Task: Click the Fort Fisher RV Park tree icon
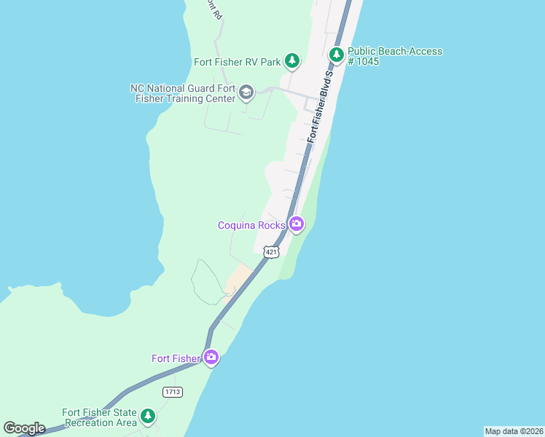[292, 60]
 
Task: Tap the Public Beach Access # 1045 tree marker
[336, 54]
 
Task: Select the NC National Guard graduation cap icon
[246, 92]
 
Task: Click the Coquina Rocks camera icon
[296, 224]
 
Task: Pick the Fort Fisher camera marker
[211, 357]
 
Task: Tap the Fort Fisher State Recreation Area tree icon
[148, 416]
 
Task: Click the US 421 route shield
[271, 252]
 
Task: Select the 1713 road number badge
[173, 392]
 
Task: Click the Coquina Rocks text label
[251, 225]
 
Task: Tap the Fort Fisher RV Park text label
[237, 62]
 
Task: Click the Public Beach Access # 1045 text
[394, 56]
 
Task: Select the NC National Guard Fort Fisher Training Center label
[183, 93]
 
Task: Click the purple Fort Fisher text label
[176, 358]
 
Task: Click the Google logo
[24, 428]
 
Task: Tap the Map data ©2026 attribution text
[514, 430]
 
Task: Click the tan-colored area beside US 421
[239, 278]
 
